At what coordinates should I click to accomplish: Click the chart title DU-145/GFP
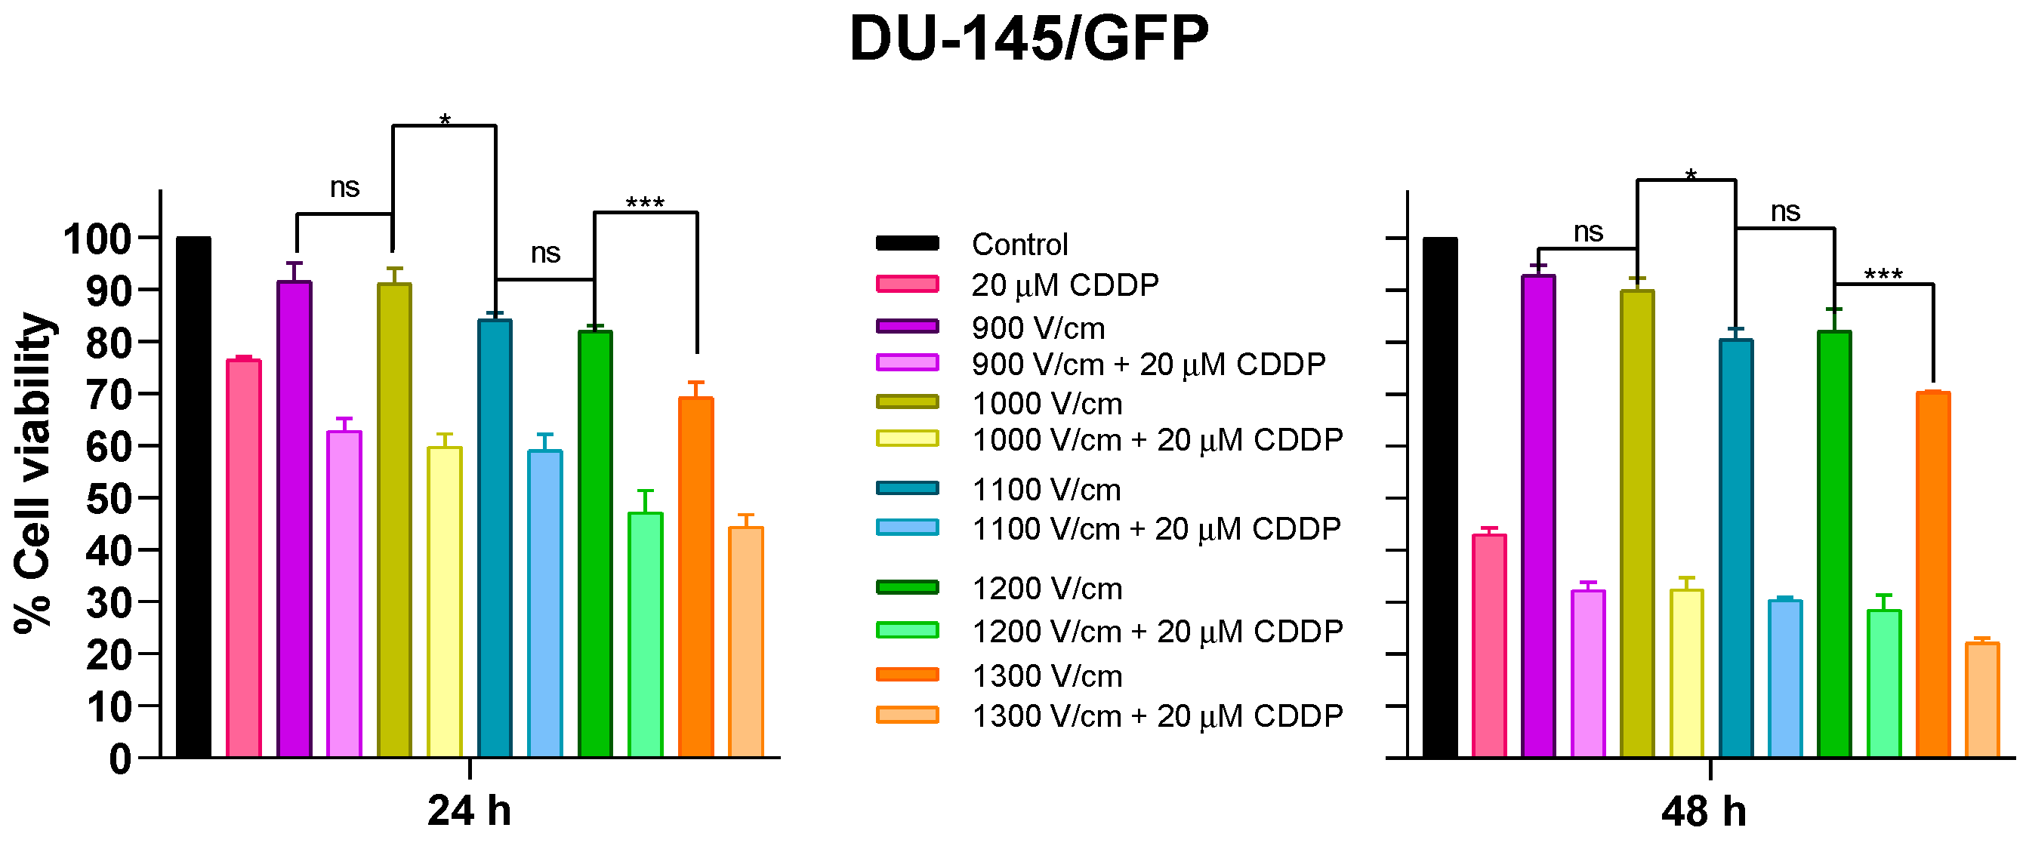tap(1028, 39)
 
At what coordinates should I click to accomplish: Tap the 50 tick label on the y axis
tap(108, 499)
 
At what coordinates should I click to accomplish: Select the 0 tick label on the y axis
tap(119, 760)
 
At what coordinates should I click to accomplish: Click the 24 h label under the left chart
tap(469, 810)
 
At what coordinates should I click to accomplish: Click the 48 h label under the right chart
tap(1704, 811)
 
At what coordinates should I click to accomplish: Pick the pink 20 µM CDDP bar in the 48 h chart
tap(1489, 645)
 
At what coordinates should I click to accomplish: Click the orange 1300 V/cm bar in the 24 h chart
tap(695, 578)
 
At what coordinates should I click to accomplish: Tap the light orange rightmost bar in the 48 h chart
tap(1982, 700)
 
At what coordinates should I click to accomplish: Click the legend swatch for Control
tap(907, 243)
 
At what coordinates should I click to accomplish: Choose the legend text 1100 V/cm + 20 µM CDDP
tap(1156, 529)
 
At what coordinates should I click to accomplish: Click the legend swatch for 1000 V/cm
tap(907, 402)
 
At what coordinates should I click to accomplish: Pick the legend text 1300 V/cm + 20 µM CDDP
tap(1157, 716)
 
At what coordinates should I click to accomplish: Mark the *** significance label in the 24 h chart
tap(645, 203)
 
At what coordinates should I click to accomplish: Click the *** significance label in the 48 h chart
tap(1883, 275)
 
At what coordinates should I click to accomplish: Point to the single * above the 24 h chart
tap(444, 120)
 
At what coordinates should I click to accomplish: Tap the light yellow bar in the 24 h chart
tap(444, 601)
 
